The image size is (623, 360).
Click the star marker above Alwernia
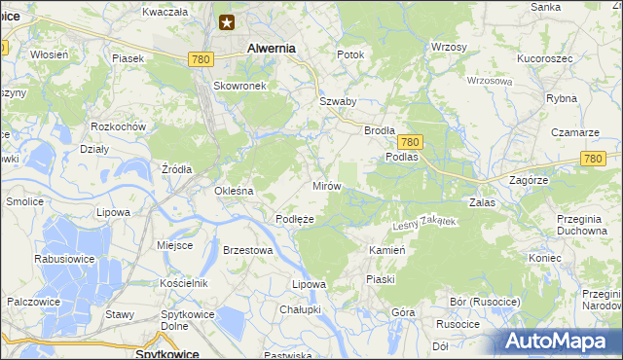point(227,22)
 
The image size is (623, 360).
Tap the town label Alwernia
point(272,47)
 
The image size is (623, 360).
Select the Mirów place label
point(325,185)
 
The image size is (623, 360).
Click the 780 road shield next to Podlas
point(410,141)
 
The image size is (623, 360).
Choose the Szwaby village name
point(338,101)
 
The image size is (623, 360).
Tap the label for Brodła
point(379,129)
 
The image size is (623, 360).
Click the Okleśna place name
point(234,191)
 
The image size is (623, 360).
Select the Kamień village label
point(386,250)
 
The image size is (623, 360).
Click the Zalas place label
point(483,201)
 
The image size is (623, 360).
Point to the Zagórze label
point(530,180)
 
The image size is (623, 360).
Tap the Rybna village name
point(562,98)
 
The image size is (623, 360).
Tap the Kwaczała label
point(164,12)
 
